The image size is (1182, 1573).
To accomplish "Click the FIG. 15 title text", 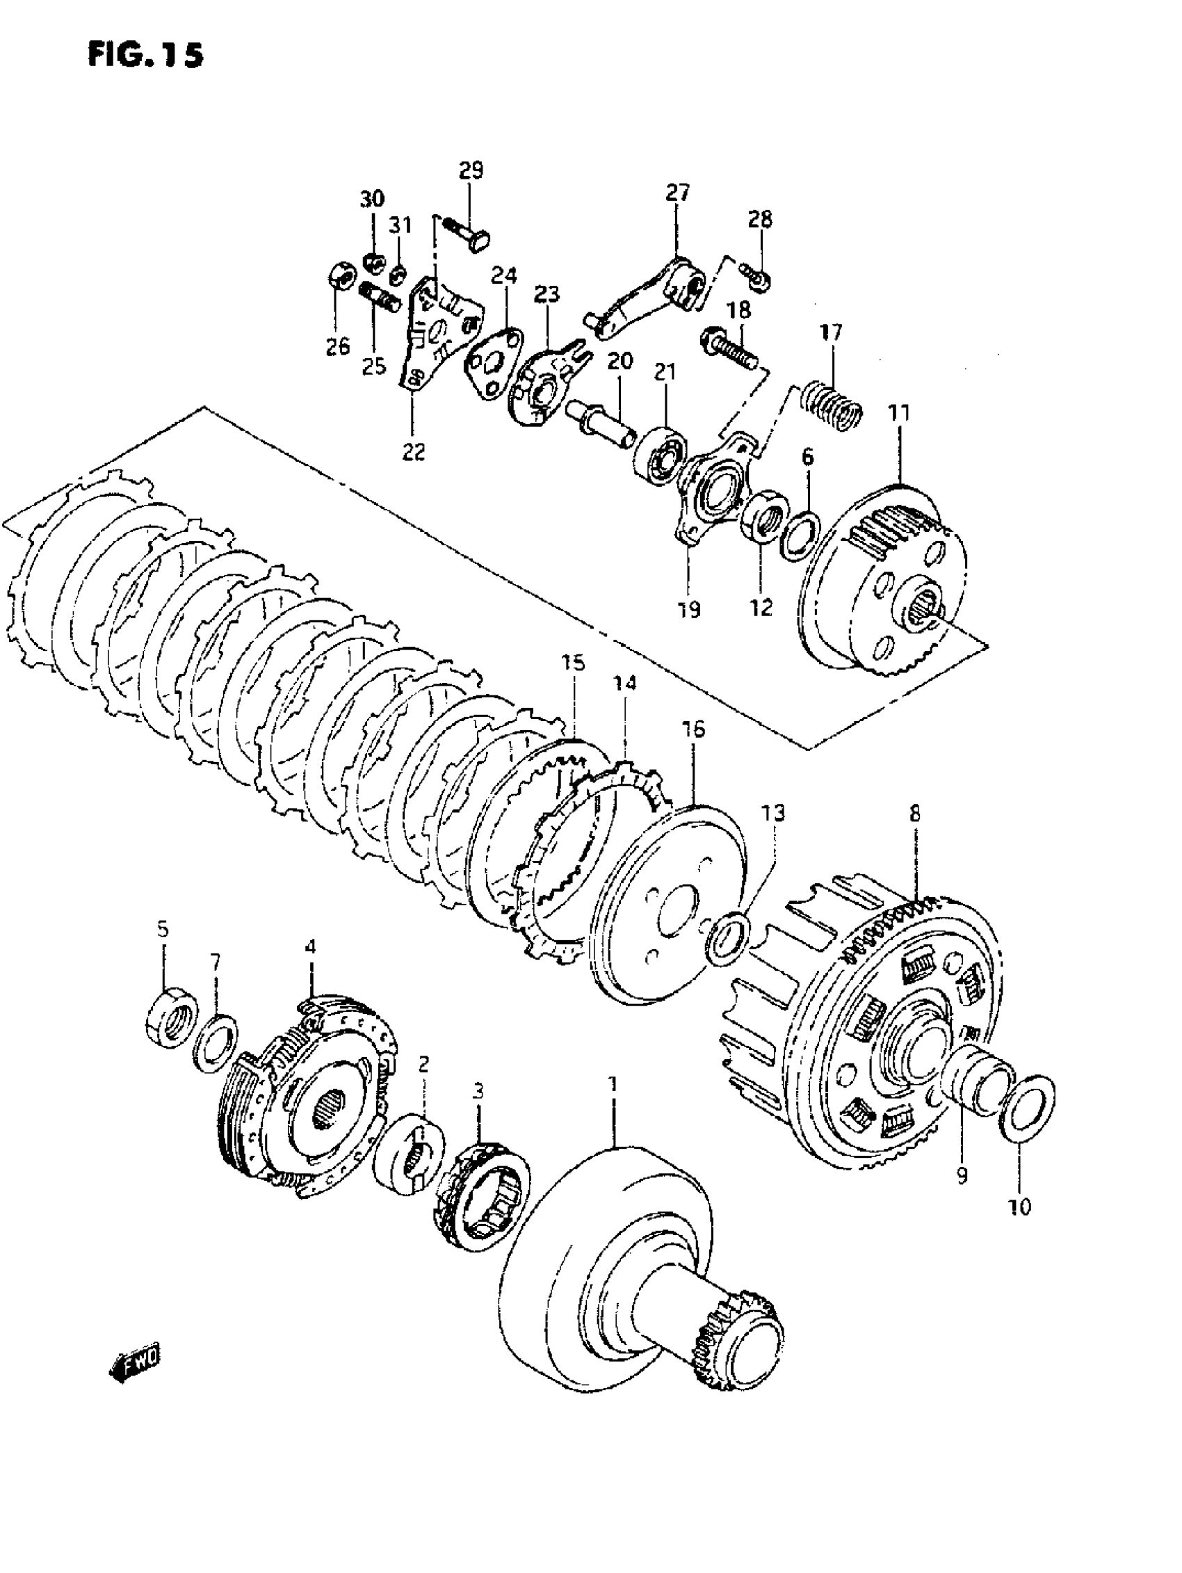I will tap(145, 55).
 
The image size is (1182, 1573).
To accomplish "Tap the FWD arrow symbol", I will tap(135, 1360).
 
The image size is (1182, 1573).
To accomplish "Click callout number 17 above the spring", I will tap(830, 332).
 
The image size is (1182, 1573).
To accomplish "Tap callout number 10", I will tap(1020, 1207).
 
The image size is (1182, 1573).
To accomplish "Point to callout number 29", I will tap(470, 170).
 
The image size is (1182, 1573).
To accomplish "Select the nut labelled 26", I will tap(340, 275).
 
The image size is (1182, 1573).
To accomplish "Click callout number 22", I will tap(413, 451).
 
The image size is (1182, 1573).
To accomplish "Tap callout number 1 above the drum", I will tap(613, 1104).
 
